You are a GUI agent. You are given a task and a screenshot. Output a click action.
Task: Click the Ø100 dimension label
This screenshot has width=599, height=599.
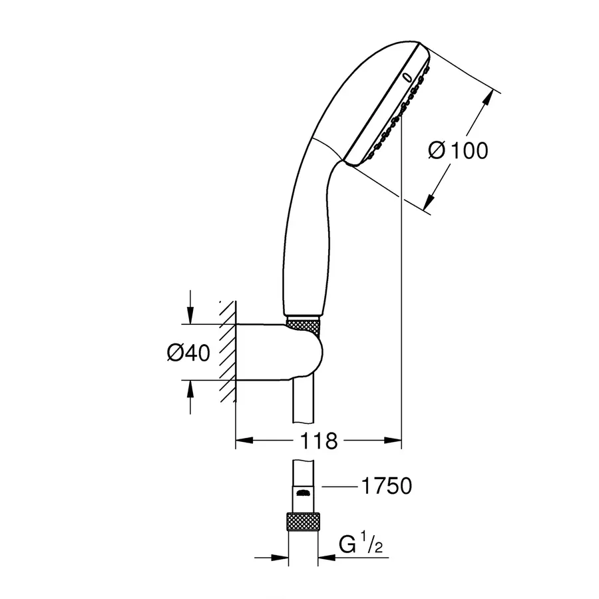point(458,150)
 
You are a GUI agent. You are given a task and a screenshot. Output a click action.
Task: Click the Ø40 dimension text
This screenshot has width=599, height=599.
point(188,353)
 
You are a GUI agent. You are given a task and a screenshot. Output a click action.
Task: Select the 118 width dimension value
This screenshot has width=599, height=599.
point(319,441)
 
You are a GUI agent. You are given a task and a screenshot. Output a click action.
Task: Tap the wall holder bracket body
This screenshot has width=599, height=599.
point(280,353)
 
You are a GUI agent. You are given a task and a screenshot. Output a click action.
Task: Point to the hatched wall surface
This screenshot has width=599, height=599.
point(228,353)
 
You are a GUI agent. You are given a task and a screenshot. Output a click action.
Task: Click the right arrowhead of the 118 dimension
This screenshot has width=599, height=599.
point(395,440)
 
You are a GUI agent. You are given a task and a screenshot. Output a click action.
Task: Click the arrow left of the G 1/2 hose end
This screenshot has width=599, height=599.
point(281,558)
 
